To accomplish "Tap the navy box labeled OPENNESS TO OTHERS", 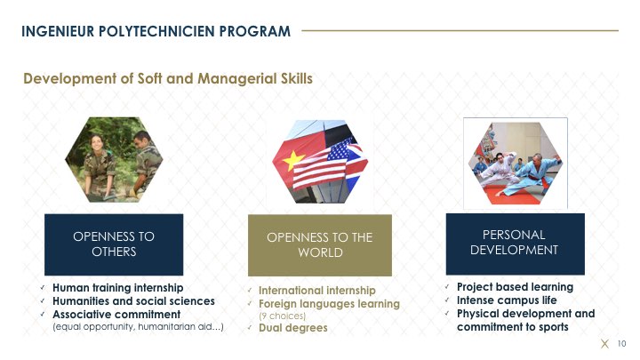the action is pos(114,244).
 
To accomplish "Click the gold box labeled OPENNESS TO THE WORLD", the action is pos(320,245).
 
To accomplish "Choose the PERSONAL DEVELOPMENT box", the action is pos(515,244).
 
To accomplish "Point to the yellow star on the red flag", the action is pos(294,160).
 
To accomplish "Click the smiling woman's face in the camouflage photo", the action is pos(96,144).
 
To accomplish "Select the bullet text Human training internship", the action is pos(118,288).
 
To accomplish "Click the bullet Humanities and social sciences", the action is pos(133,301).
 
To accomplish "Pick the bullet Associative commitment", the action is pos(116,315).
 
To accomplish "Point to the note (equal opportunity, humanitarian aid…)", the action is pos(138,327).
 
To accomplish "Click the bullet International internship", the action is pos(317,291).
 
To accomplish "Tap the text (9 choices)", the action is pos(282,316).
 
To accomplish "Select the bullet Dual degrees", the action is pos(293,328).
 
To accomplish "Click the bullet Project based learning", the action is pos(515,287).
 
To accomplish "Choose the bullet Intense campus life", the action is pos(507,300).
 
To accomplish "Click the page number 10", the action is pos(621,344).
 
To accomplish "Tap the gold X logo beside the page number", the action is pos(605,344).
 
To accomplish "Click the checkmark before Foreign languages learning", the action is pos(250,304).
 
